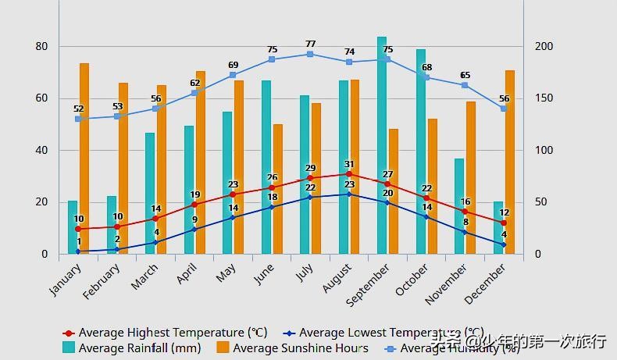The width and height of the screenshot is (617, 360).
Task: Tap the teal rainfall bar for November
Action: [x=459, y=206]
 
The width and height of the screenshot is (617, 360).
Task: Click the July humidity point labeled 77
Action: [x=310, y=54]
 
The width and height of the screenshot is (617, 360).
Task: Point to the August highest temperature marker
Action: [x=349, y=174]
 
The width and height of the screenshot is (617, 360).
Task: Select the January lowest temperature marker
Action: [x=78, y=251]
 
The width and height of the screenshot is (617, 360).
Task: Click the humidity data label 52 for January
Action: [x=78, y=109]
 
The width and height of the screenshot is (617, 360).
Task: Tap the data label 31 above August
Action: [x=349, y=164]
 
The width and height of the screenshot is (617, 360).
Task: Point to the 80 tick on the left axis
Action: [x=41, y=46]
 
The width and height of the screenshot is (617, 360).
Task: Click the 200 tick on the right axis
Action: [x=543, y=46]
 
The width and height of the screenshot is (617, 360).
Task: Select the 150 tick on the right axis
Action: [x=543, y=98]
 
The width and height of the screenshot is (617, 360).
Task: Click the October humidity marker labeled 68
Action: [x=426, y=77]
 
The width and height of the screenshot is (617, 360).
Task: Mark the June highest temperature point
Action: [x=272, y=187]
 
